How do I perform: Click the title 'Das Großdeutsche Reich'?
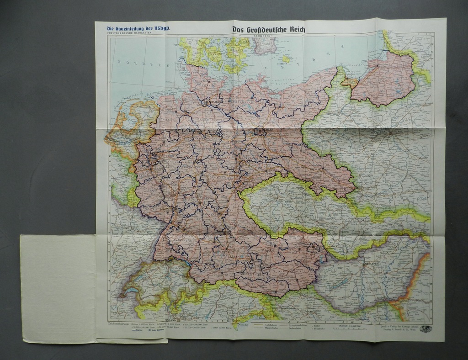coord(269,30)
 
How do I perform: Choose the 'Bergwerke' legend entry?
coord(320,328)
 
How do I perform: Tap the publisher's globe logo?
coord(425,328)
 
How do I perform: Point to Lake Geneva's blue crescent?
coord(130,291)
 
